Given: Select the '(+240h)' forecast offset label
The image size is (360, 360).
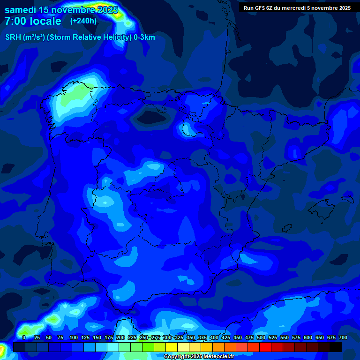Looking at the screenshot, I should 83,21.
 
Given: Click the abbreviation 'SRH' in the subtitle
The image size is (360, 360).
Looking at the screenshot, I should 13,37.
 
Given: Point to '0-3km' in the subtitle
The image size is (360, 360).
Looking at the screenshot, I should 144,37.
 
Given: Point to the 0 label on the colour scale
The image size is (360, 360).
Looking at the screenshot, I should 24,337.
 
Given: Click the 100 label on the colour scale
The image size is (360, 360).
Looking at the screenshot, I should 74,337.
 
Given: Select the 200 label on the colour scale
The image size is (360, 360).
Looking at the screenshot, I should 120,337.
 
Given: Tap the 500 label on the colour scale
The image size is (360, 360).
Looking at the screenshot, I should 261,337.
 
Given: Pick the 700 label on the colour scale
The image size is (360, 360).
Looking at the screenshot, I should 343,337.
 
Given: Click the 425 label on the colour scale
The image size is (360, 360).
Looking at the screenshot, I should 226,337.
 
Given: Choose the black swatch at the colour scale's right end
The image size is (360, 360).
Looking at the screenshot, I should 336,347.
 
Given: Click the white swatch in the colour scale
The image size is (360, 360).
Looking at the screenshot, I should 183,347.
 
